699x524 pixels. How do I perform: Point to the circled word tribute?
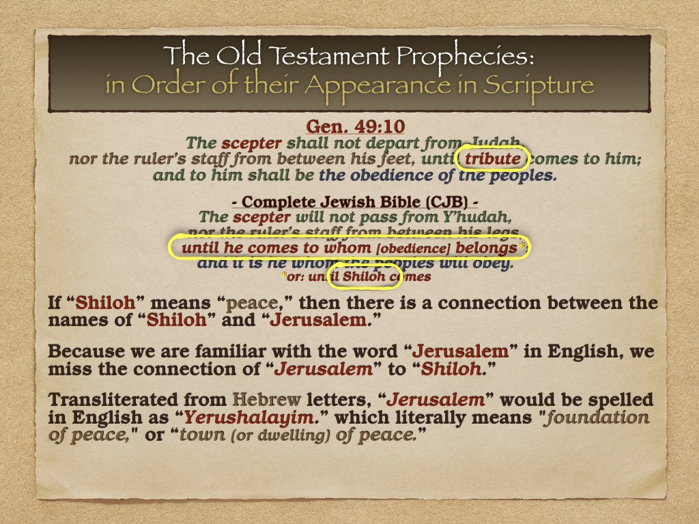tap(492, 159)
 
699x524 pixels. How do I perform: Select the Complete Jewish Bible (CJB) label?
tap(349, 203)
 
